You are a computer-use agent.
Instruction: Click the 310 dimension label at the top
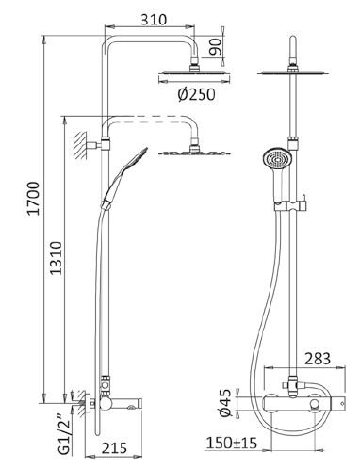click(154, 20)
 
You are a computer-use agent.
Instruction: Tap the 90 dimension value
click(216, 47)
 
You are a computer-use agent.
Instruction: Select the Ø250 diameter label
click(197, 94)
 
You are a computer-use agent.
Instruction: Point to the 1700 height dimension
click(34, 198)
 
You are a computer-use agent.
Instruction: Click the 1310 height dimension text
click(57, 258)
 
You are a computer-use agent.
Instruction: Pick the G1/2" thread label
click(64, 437)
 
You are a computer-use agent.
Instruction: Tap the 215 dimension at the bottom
click(114, 447)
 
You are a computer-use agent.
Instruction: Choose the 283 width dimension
click(318, 359)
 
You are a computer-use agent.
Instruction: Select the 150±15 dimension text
click(232, 443)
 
